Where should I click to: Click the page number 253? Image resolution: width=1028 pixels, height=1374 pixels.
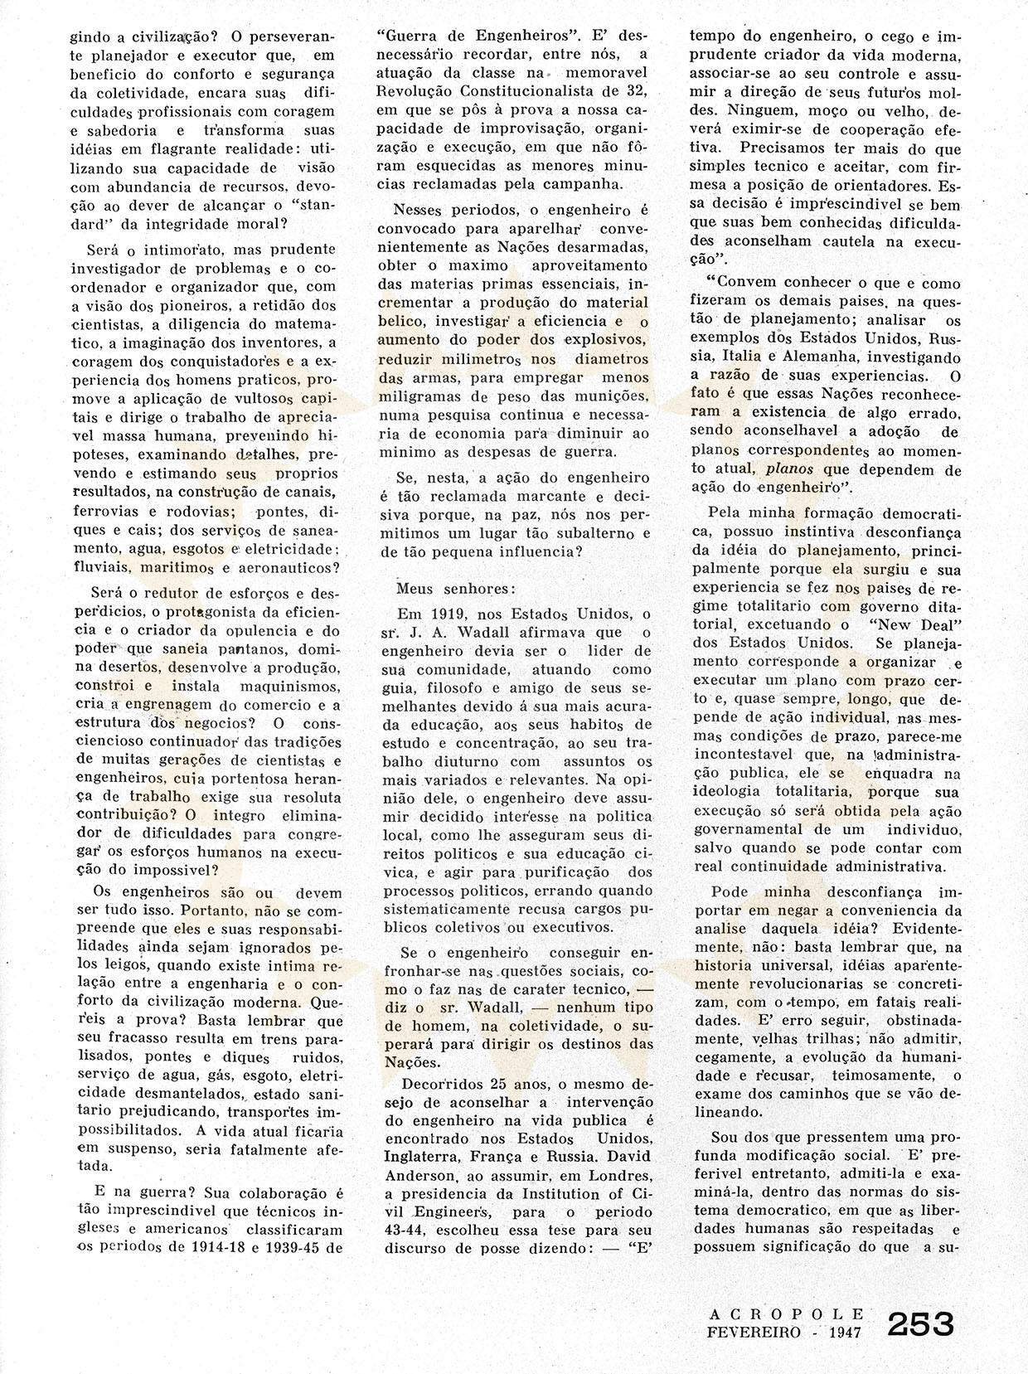click(x=920, y=1323)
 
